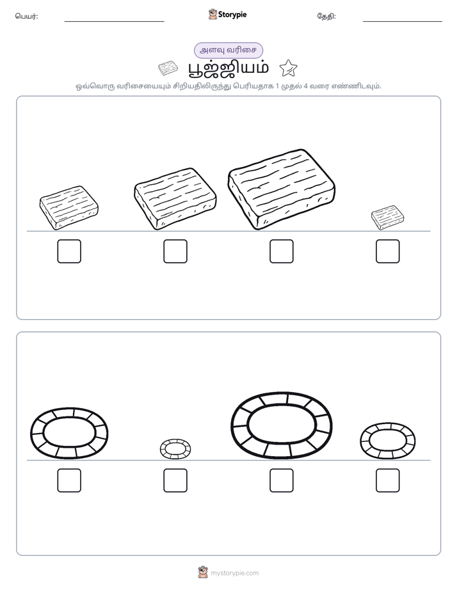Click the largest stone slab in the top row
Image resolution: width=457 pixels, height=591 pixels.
281,189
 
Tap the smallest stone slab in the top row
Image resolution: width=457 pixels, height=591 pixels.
387,217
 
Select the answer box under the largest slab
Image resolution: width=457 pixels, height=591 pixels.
281,251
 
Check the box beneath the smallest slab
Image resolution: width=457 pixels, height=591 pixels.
388,251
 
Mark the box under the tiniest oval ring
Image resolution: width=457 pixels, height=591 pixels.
175,480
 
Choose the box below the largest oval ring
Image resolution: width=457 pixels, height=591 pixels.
281,480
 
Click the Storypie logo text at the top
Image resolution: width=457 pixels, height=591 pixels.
232,15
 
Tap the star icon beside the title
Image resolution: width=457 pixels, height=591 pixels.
289,68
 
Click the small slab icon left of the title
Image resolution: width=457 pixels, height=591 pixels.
168,68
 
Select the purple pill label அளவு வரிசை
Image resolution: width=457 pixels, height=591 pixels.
228,50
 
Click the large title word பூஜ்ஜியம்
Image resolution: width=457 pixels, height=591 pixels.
228,68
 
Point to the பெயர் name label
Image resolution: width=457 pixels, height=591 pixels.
26,16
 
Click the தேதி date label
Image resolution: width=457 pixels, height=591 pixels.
326,16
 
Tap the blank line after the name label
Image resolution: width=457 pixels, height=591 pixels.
114,22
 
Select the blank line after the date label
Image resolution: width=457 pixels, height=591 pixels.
403,22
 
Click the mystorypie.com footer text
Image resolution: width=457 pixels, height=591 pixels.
234,573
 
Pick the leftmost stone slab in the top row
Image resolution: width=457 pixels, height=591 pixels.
69,207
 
